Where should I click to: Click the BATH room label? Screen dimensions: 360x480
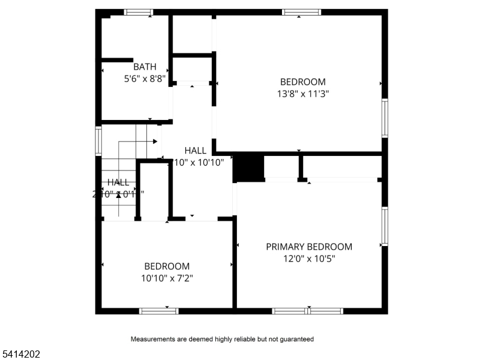tap(145, 67)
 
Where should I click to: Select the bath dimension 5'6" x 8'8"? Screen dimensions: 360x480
tap(145, 78)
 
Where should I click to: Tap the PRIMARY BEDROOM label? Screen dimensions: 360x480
tap(309, 247)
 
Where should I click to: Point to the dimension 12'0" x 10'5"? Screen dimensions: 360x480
tap(309, 259)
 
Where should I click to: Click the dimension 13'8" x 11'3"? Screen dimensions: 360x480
tap(303, 94)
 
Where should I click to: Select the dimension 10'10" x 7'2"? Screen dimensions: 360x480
tap(167, 278)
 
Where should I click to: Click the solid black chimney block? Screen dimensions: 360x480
tap(248, 167)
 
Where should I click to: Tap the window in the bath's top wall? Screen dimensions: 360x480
tap(139, 12)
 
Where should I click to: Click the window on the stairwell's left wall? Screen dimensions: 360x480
tap(98, 142)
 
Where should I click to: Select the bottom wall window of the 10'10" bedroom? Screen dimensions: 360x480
tap(159, 311)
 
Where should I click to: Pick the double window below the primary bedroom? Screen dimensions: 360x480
tap(307, 311)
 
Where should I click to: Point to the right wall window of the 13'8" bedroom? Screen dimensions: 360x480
tap(385, 118)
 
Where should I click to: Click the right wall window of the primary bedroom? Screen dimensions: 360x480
tap(385, 226)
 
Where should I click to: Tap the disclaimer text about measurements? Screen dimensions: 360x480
tap(222, 339)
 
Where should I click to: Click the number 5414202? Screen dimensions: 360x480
tap(21, 355)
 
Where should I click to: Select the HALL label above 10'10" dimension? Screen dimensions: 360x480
tap(196, 151)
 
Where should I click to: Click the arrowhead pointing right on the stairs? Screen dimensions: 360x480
tap(155, 142)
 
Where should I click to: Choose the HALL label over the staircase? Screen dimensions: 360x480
tap(118, 182)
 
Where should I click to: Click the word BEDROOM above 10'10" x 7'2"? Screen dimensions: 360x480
tap(167, 266)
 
